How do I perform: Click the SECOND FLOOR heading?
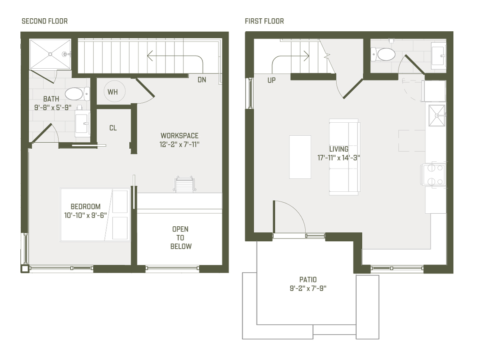45,21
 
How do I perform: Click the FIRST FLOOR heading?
264,21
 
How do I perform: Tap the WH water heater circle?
114,91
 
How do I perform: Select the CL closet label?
113,128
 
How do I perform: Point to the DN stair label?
202,80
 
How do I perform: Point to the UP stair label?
272,80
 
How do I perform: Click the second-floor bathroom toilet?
77,94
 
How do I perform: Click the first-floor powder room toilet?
383,54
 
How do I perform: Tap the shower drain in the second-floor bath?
50,54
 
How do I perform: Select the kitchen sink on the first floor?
437,115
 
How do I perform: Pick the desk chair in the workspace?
184,184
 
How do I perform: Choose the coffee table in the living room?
300,157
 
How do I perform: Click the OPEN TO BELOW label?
181,238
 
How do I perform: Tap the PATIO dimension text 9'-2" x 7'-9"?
308,288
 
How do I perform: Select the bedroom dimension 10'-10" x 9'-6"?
85,215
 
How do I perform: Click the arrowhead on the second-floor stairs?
150,56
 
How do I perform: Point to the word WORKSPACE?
179,135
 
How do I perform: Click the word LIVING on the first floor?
339,149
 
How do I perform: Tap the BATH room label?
51,99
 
